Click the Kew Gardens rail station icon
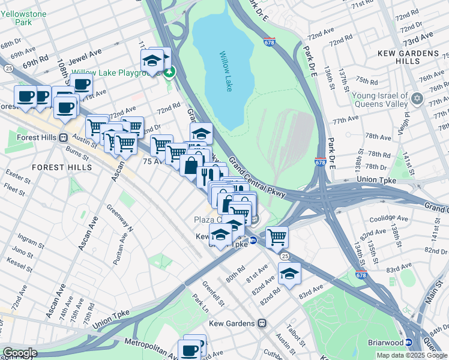[x=262, y=323]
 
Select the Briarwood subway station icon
[x=409, y=342]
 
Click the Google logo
[x=19, y=353]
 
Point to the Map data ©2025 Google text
[x=412, y=355]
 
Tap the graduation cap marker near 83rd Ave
[x=289, y=274]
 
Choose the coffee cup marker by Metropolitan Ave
[x=190, y=349]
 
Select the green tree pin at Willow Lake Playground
[x=170, y=73]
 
